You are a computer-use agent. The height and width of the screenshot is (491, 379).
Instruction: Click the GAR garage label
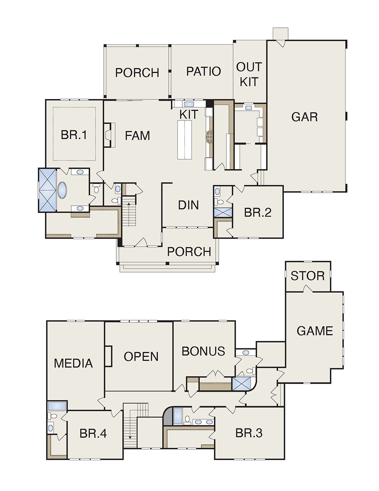(x=304, y=117)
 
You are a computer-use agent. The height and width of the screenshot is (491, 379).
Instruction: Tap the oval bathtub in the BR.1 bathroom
(x=62, y=190)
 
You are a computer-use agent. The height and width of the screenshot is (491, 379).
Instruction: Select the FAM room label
(x=137, y=135)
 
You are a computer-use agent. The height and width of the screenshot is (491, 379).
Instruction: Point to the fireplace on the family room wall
(x=110, y=135)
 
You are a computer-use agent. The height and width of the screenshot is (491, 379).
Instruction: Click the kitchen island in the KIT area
(x=185, y=140)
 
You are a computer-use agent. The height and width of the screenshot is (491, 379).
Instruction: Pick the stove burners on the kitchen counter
(x=209, y=137)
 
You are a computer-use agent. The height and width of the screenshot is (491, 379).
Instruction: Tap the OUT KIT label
(x=249, y=74)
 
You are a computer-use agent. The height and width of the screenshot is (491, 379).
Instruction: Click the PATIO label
(x=204, y=71)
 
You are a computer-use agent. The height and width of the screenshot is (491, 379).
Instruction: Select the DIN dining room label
(x=188, y=205)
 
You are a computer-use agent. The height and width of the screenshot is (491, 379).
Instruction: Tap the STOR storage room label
(x=307, y=276)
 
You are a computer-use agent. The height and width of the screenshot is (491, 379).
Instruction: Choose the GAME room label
(x=315, y=331)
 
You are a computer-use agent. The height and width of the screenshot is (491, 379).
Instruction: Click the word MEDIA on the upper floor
(x=73, y=364)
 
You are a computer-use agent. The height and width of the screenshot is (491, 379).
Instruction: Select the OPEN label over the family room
(x=141, y=356)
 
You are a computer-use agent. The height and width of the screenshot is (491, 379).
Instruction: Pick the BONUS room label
(x=203, y=351)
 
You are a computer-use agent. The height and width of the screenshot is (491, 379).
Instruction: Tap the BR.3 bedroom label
(x=249, y=433)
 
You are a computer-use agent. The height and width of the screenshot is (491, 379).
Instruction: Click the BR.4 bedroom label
(x=93, y=433)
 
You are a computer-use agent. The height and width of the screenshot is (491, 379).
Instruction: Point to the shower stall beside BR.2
(x=223, y=212)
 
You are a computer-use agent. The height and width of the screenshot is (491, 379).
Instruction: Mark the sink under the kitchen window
(x=188, y=104)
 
